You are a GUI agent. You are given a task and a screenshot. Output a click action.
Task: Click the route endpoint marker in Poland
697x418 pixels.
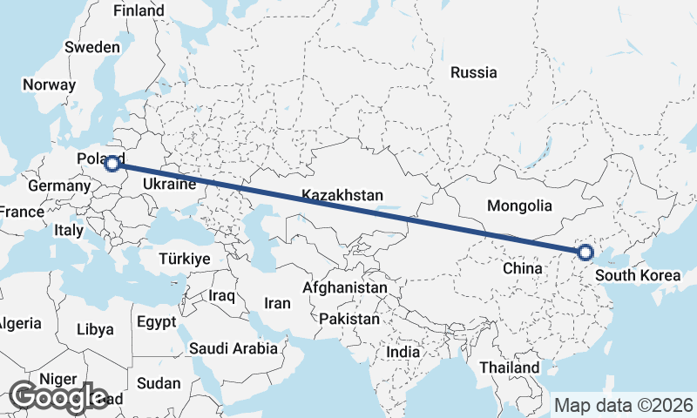112,163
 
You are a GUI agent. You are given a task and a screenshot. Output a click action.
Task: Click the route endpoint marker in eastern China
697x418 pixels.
585,253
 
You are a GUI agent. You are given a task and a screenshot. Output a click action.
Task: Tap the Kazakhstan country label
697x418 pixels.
342,196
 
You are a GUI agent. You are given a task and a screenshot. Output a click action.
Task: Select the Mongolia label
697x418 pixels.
520,206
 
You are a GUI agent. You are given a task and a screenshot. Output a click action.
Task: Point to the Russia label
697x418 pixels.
474,72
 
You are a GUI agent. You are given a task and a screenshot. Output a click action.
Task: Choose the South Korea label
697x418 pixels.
638,276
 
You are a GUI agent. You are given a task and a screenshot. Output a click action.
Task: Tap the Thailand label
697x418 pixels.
509,367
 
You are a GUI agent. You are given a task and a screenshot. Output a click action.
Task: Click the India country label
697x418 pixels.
403,353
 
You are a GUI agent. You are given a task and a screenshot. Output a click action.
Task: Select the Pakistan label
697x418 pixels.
349,319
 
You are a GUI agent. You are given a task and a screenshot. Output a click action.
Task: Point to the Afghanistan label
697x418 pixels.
345,287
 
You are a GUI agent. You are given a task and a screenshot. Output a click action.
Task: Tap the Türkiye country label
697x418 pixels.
185,259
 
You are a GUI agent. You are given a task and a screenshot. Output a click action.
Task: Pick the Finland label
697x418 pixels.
139,10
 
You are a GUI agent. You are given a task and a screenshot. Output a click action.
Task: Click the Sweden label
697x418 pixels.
92,47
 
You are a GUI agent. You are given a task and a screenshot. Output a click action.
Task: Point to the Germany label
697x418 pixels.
55,186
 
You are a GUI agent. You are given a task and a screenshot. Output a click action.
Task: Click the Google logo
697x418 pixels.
58,397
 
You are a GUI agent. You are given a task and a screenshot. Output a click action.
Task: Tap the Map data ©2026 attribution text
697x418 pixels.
624,405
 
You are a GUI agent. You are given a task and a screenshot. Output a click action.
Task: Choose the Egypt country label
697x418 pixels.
157,321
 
